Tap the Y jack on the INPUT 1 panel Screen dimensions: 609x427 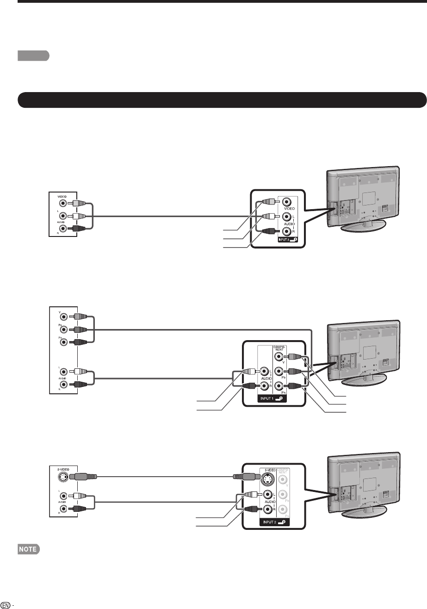click(x=279, y=356)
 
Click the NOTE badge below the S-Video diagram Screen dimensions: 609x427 click(x=29, y=549)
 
